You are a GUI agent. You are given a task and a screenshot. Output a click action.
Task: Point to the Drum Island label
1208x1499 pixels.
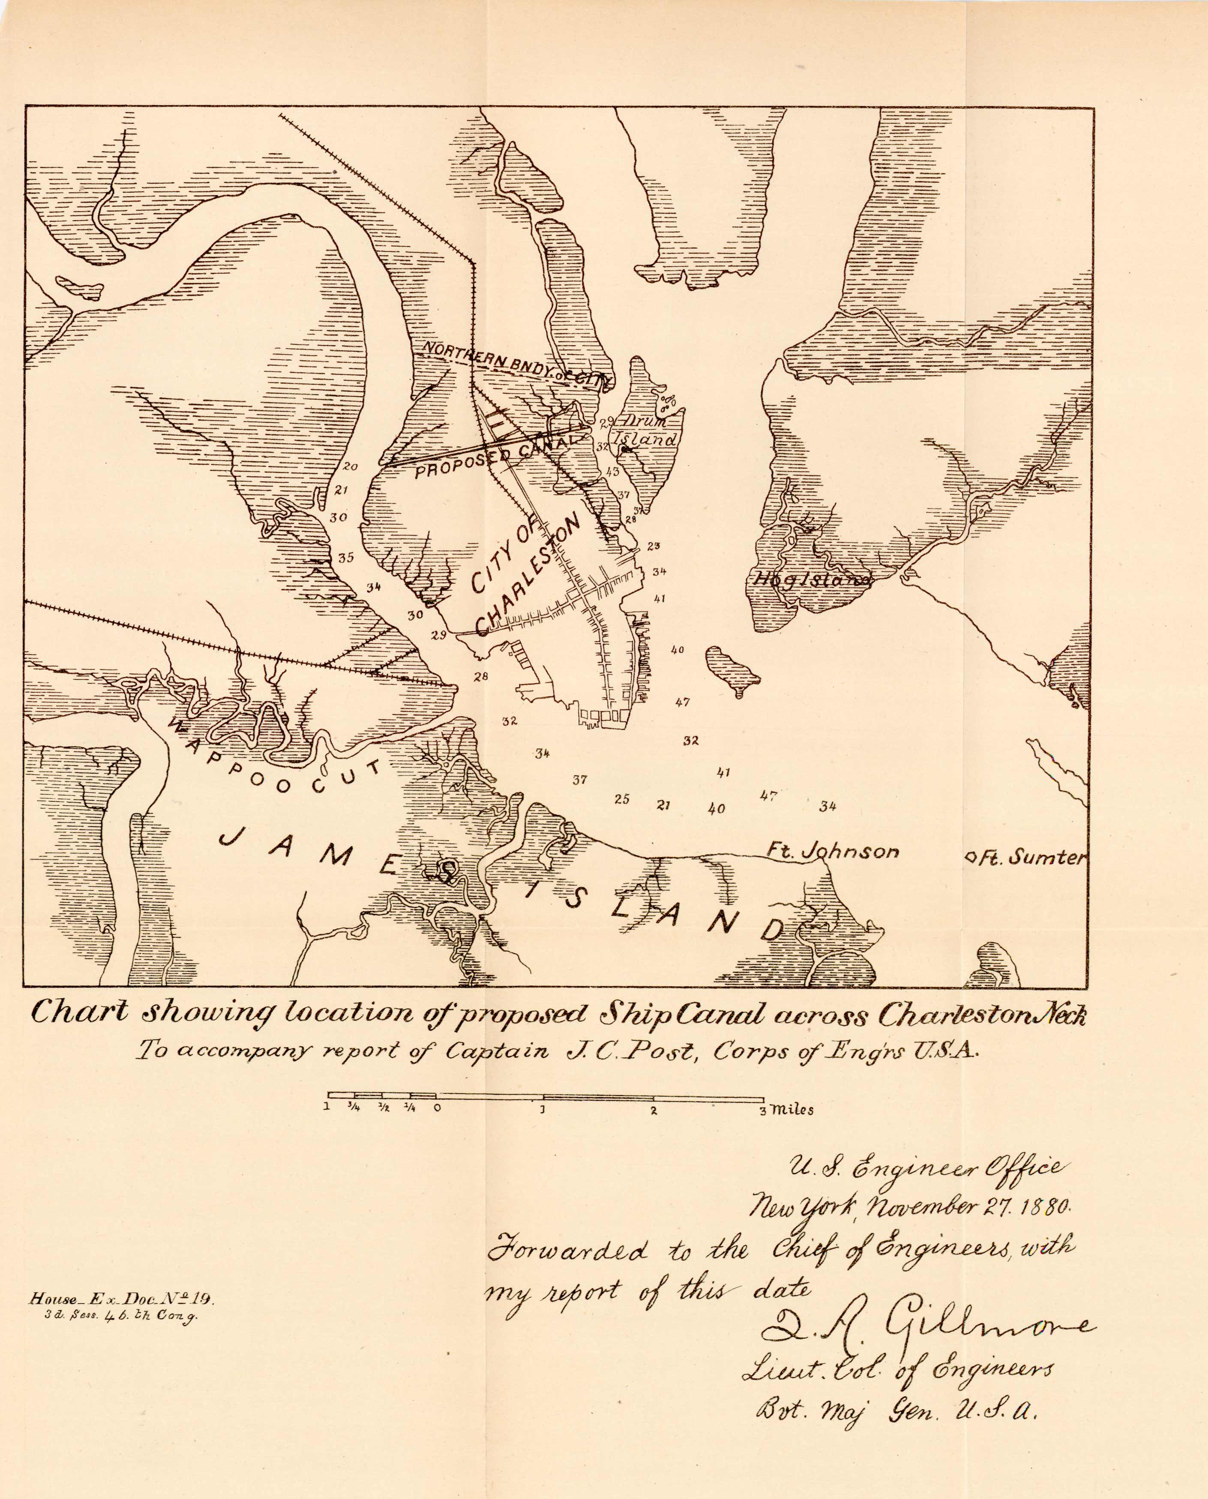[647, 430]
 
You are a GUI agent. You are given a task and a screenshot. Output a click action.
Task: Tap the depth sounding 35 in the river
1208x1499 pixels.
[346, 557]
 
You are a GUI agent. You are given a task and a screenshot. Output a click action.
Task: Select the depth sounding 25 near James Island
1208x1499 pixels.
[622, 799]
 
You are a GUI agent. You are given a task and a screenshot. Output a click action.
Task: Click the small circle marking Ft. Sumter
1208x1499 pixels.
[968, 858]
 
